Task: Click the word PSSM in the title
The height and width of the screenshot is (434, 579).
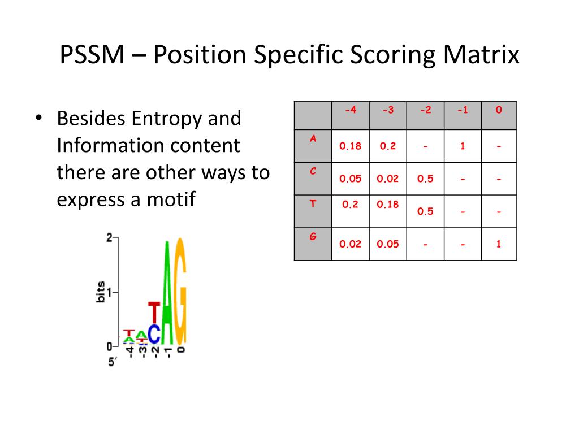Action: (x=92, y=55)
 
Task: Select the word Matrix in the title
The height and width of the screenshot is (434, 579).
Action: (x=481, y=55)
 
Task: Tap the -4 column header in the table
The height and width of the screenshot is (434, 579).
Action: (x=351, y=110)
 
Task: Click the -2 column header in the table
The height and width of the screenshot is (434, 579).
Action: (x=425, y=110)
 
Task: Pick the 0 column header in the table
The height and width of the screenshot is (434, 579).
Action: (x=499, y=110)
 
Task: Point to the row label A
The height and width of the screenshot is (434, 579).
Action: (x=313, y=139)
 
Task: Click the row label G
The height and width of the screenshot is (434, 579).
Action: (x=313, y=237)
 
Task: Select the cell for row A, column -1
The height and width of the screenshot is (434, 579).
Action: (x=463, y=146)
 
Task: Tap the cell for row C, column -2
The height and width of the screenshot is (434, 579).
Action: (x=425, y=179)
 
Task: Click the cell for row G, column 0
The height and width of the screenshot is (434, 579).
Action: (x=499, y=244)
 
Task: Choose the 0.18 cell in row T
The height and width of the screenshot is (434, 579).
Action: (x=388, y=205)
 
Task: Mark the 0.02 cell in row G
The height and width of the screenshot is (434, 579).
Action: (x=350, y=244)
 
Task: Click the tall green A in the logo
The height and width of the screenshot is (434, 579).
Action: (x=167, y=293)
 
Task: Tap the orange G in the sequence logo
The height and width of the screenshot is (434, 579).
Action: (x=180, y=291)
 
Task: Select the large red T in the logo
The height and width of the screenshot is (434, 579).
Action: (x=154, y=312)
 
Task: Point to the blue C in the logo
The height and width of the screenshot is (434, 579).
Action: (x=154, y=334)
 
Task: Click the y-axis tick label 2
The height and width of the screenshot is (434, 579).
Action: (x=109, y=238)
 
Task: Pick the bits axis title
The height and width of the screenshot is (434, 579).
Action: (x=101, y=292)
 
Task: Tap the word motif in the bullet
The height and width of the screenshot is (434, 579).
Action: (x=171, y=199)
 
